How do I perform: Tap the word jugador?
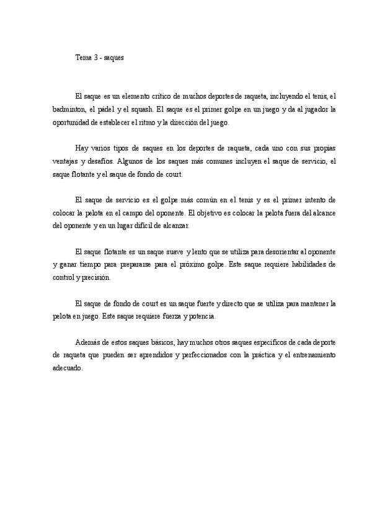[315, 109]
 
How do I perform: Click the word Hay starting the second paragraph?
[81, 149]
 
